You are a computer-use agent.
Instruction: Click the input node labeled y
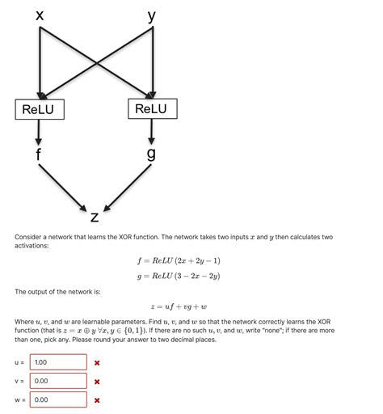coord(152,15)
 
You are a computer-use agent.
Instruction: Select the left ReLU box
coord(39,108)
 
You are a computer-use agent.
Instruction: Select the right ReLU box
coord(151,108)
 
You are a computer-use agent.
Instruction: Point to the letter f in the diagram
coord(39,153)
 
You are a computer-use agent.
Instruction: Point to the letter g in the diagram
coord(151,154)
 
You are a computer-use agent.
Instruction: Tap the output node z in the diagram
coord(95,216)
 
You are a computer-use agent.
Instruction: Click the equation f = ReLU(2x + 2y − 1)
coord(179,260)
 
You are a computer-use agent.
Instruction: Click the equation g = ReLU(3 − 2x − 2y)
coord(179,276)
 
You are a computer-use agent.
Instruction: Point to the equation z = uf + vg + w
coord(179,306)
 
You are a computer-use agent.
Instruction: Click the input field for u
coord(58,362)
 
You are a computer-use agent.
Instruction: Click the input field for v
coord(58,381)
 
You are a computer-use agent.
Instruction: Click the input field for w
coord(58,399)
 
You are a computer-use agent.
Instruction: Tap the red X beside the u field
coord(97,363)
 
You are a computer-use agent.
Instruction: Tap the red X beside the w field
coord(97,399)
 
